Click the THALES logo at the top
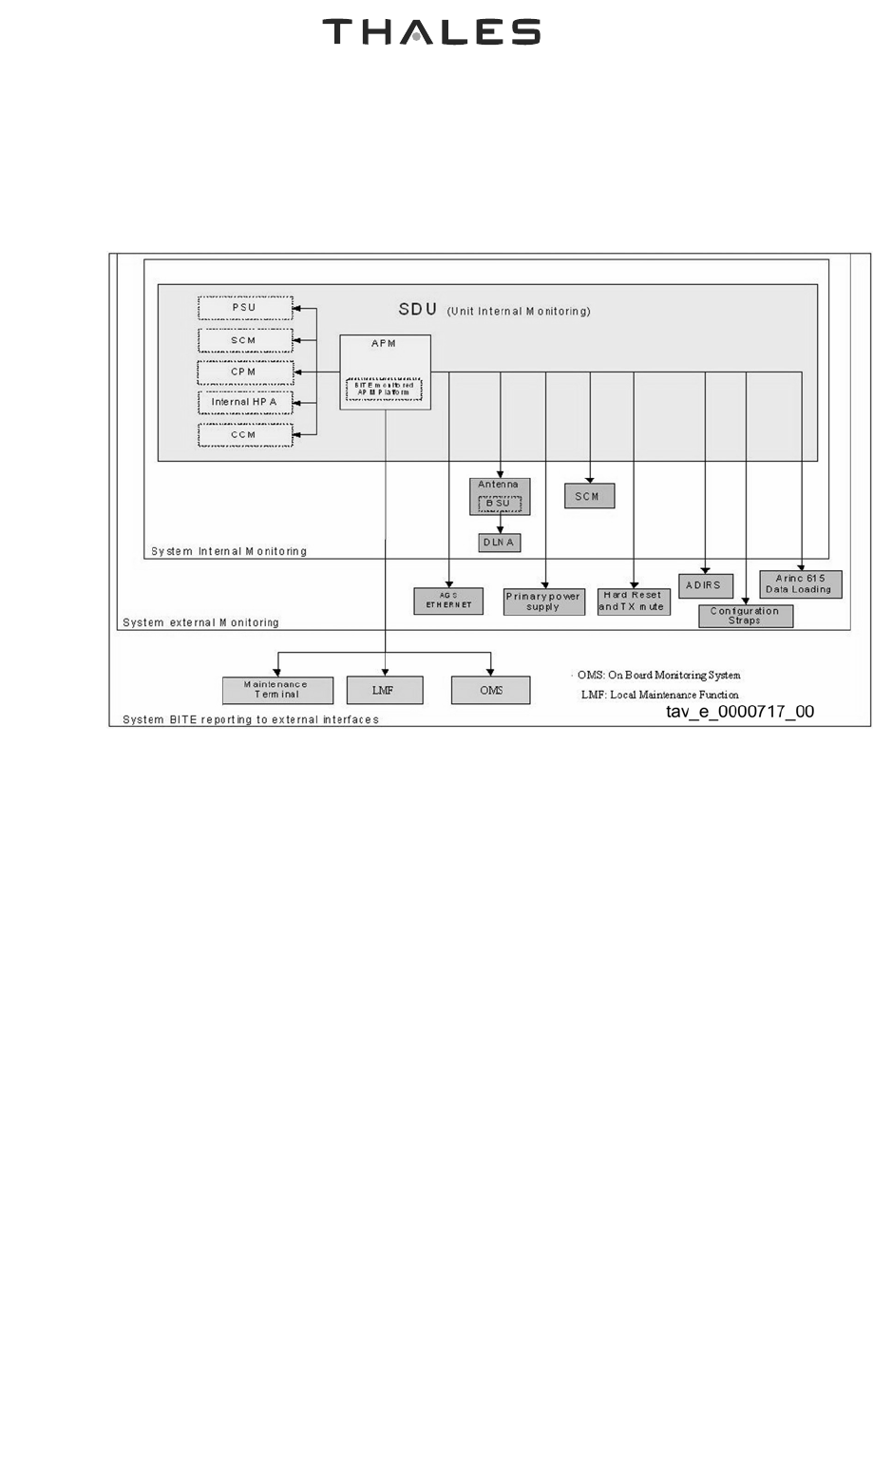431,32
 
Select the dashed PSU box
243,308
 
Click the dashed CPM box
243,372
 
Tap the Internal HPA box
243,402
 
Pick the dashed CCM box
243,434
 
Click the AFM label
383,344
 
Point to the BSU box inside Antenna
499,503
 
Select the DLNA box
499,542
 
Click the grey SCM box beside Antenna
589,496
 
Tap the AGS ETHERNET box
448,601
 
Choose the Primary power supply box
543,601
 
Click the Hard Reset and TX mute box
633,601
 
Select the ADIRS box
705,585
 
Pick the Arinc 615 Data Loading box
800,583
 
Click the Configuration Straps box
745,616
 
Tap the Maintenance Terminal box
277,690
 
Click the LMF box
384,690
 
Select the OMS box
490,690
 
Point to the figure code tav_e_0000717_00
739,712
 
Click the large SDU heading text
418,310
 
